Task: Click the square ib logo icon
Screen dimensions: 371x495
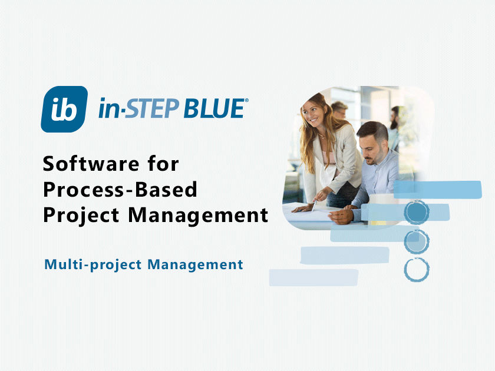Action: coord(64,110)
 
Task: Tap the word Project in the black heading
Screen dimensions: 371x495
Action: coord(81,216)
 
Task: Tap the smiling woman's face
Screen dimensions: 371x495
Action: coord(317,117)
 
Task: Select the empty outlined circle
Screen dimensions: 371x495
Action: coord(417,269)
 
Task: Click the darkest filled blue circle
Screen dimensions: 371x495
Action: coord(417,211)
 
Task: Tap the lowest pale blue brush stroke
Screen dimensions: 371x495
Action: coord(313,277)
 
